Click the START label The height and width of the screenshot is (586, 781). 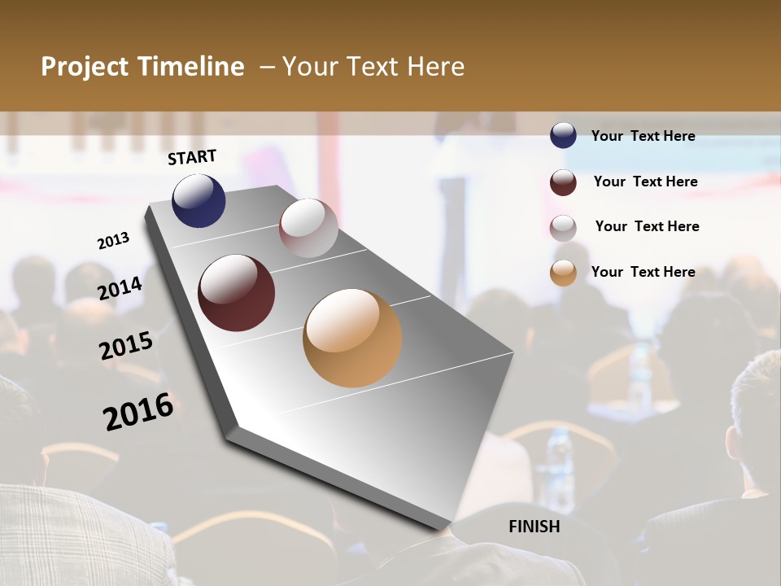tap(192, 157)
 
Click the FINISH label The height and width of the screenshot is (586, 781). tap(534, 527)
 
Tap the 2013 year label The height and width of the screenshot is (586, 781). tap(113, 240)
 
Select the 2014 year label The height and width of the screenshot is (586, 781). tap(120, 288)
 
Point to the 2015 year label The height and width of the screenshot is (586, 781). tap(126, 346)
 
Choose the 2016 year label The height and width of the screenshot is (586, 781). tap(138, 412)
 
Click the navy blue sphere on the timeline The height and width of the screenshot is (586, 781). tap(199, 200)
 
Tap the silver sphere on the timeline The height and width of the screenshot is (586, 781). tap(308, 228)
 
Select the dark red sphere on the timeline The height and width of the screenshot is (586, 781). tap(236, 293)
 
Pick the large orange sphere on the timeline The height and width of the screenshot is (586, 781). tap(352, 338)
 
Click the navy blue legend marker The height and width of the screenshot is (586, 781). tap(563, 136)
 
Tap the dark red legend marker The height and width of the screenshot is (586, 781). tap(563, 182)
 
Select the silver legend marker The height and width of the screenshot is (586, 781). tap(563, 228)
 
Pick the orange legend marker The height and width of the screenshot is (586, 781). tap(563, 273)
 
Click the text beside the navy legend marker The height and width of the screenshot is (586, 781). tap(643, 136)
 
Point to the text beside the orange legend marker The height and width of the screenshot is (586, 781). tap(643, 272)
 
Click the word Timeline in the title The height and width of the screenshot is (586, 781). tap(192, 67)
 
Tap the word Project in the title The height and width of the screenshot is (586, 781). tap(85, 67)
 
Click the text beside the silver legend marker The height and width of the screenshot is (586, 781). tap(647, 226)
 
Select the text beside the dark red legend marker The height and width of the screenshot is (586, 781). tap(645, 181)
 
